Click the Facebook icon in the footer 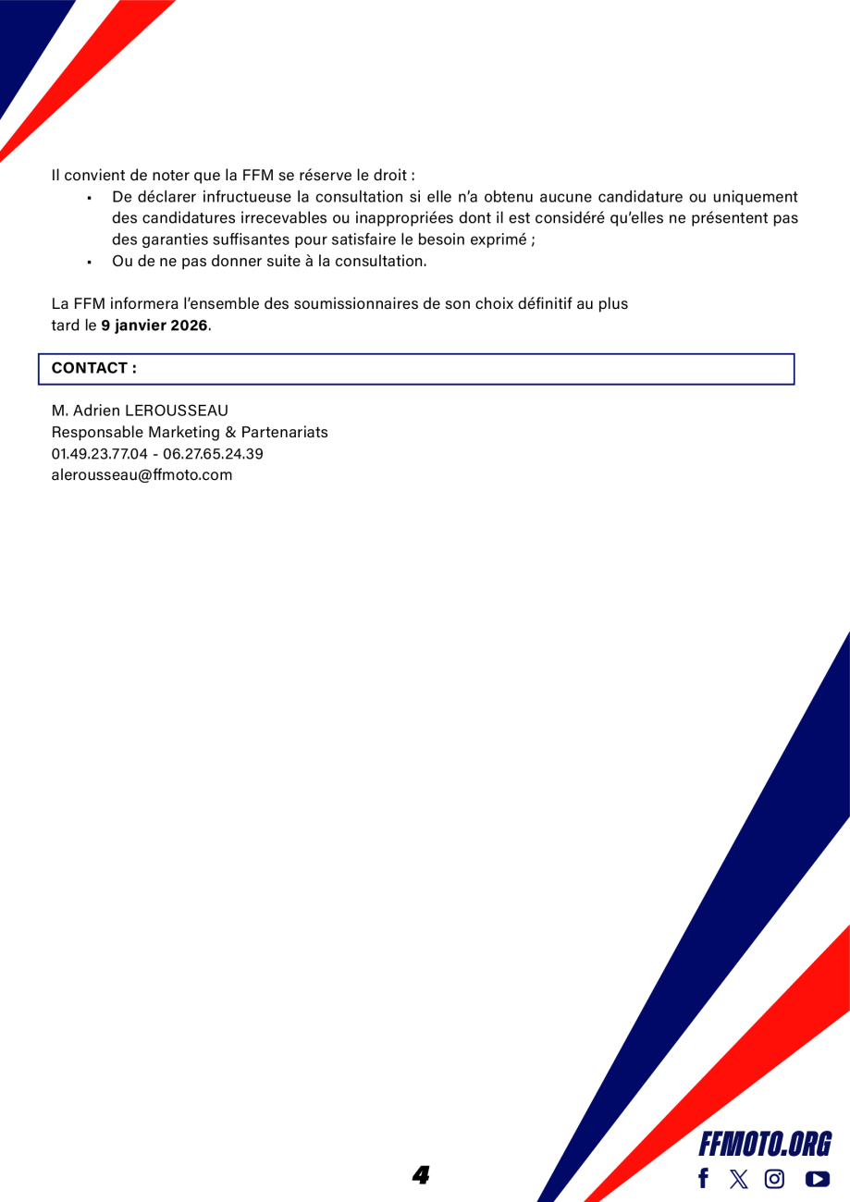click(703, 1178)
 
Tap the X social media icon click(738, 1178)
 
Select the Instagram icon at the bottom click(775, 1178)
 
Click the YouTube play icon click(818, 1179)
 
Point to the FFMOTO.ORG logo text click(765, 1145)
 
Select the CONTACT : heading click(94, 368)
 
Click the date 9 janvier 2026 click(154, 325)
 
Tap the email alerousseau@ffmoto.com click(142, 475)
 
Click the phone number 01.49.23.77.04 click(99, 454)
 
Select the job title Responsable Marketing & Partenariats click(190, 432)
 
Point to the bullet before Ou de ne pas click(89, 262)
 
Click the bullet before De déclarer click(89, 198)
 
